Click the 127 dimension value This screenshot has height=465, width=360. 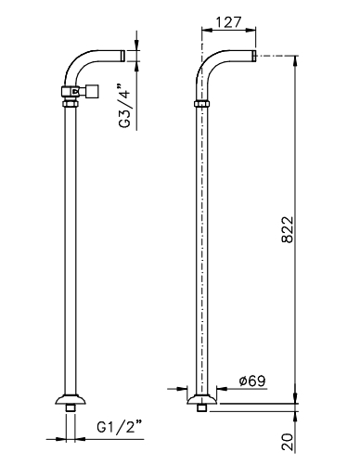click(x=228, y=22)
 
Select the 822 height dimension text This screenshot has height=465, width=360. click(x=288, y=229)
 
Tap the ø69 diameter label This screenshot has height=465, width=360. click(x=252, y=381)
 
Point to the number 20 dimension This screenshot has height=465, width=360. click(x=288, y=442)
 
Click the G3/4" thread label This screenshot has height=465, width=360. click(x=124, y=106)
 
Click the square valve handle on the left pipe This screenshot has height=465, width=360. click(x=92, y=91)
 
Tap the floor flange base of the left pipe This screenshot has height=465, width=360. click(x=71, y=399)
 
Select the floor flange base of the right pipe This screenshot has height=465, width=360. click(x=202, y=399)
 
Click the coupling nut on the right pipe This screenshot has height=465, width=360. click(x=202, y=104)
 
